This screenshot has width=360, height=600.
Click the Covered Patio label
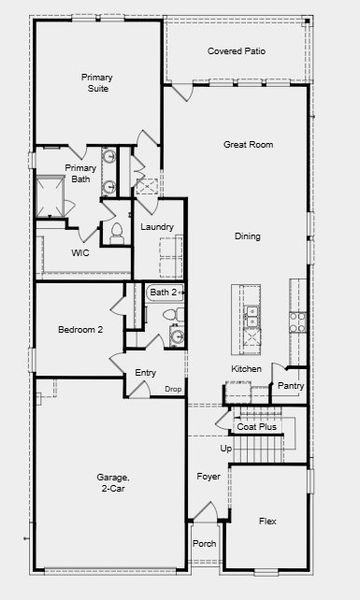[x=236, y=51]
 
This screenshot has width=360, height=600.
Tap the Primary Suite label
[x=97, y=82]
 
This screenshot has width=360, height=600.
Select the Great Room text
[x=248, y=145]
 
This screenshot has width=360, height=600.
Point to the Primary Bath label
[x=80, y=174]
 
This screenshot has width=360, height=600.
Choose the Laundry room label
[x=157, y=228]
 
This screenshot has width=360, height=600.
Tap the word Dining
[x=247, y=237]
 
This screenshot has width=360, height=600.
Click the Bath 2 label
[x=164, y=292]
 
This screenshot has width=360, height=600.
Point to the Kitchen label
[x=246, y=369]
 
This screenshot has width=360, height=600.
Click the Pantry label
[x=291, y=386]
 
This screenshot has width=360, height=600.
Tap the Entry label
[x=145, y=373]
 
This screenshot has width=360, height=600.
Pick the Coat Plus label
[x=257, y=427]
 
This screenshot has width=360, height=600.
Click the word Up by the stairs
[x=226, y=449]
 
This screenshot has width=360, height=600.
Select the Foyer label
[x=208, y=477]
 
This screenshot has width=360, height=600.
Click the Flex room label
[x=267, y=522]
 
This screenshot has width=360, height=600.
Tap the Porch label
[x=204, y=545]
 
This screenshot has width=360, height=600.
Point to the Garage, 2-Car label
[x=111, y=483]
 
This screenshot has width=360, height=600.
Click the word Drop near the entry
[x=173, y=389]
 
